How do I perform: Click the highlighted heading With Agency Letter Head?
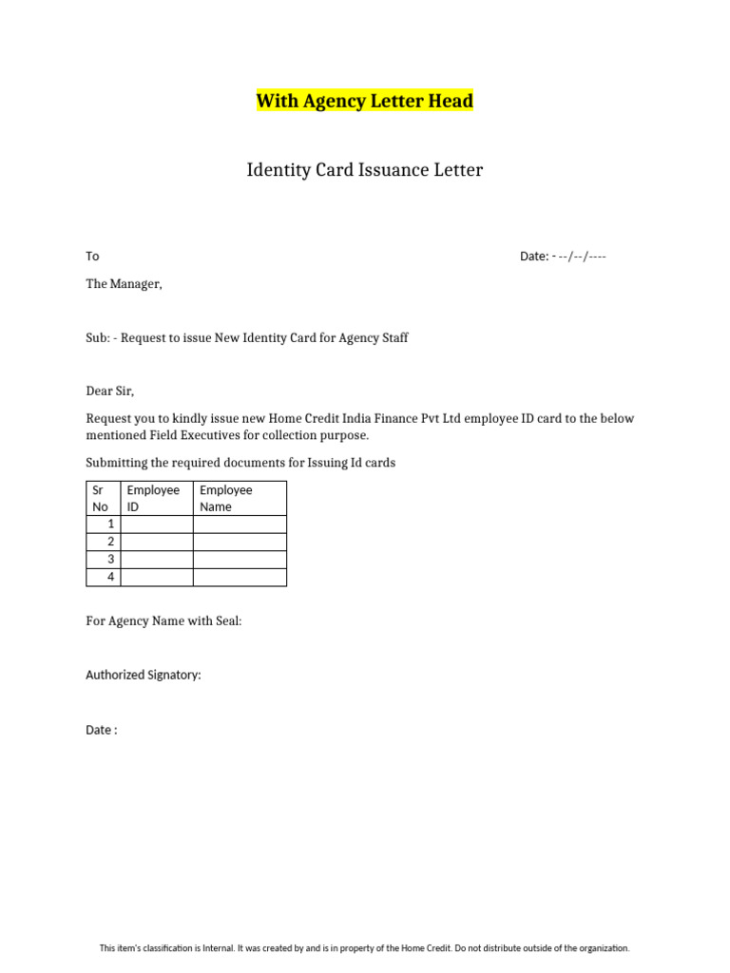[x=364, y=101]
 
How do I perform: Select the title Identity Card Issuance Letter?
[x=364, y=170]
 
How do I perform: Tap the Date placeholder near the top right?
[x=563, y=257]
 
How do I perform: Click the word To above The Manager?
[x=92, y=257]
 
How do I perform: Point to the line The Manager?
[x=124, y=283]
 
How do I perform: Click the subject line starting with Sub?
[x=247, y=337]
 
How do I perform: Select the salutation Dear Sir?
[x=110, y=391]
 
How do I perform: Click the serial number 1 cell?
[x=104, y=524]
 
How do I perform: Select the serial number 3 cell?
[x=104, y=559]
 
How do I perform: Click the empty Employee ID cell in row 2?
[x=157, y=542]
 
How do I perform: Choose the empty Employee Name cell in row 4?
[x=240, y=577]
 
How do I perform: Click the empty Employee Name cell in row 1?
[x=240, y=524]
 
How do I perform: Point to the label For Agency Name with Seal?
[x=163, y=620]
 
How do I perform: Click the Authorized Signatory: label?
[x=144, y=675]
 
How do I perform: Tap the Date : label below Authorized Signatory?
[x=102, y=730]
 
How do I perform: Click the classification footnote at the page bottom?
[x=365, y=947]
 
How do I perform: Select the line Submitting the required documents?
[x=240, y=463]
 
